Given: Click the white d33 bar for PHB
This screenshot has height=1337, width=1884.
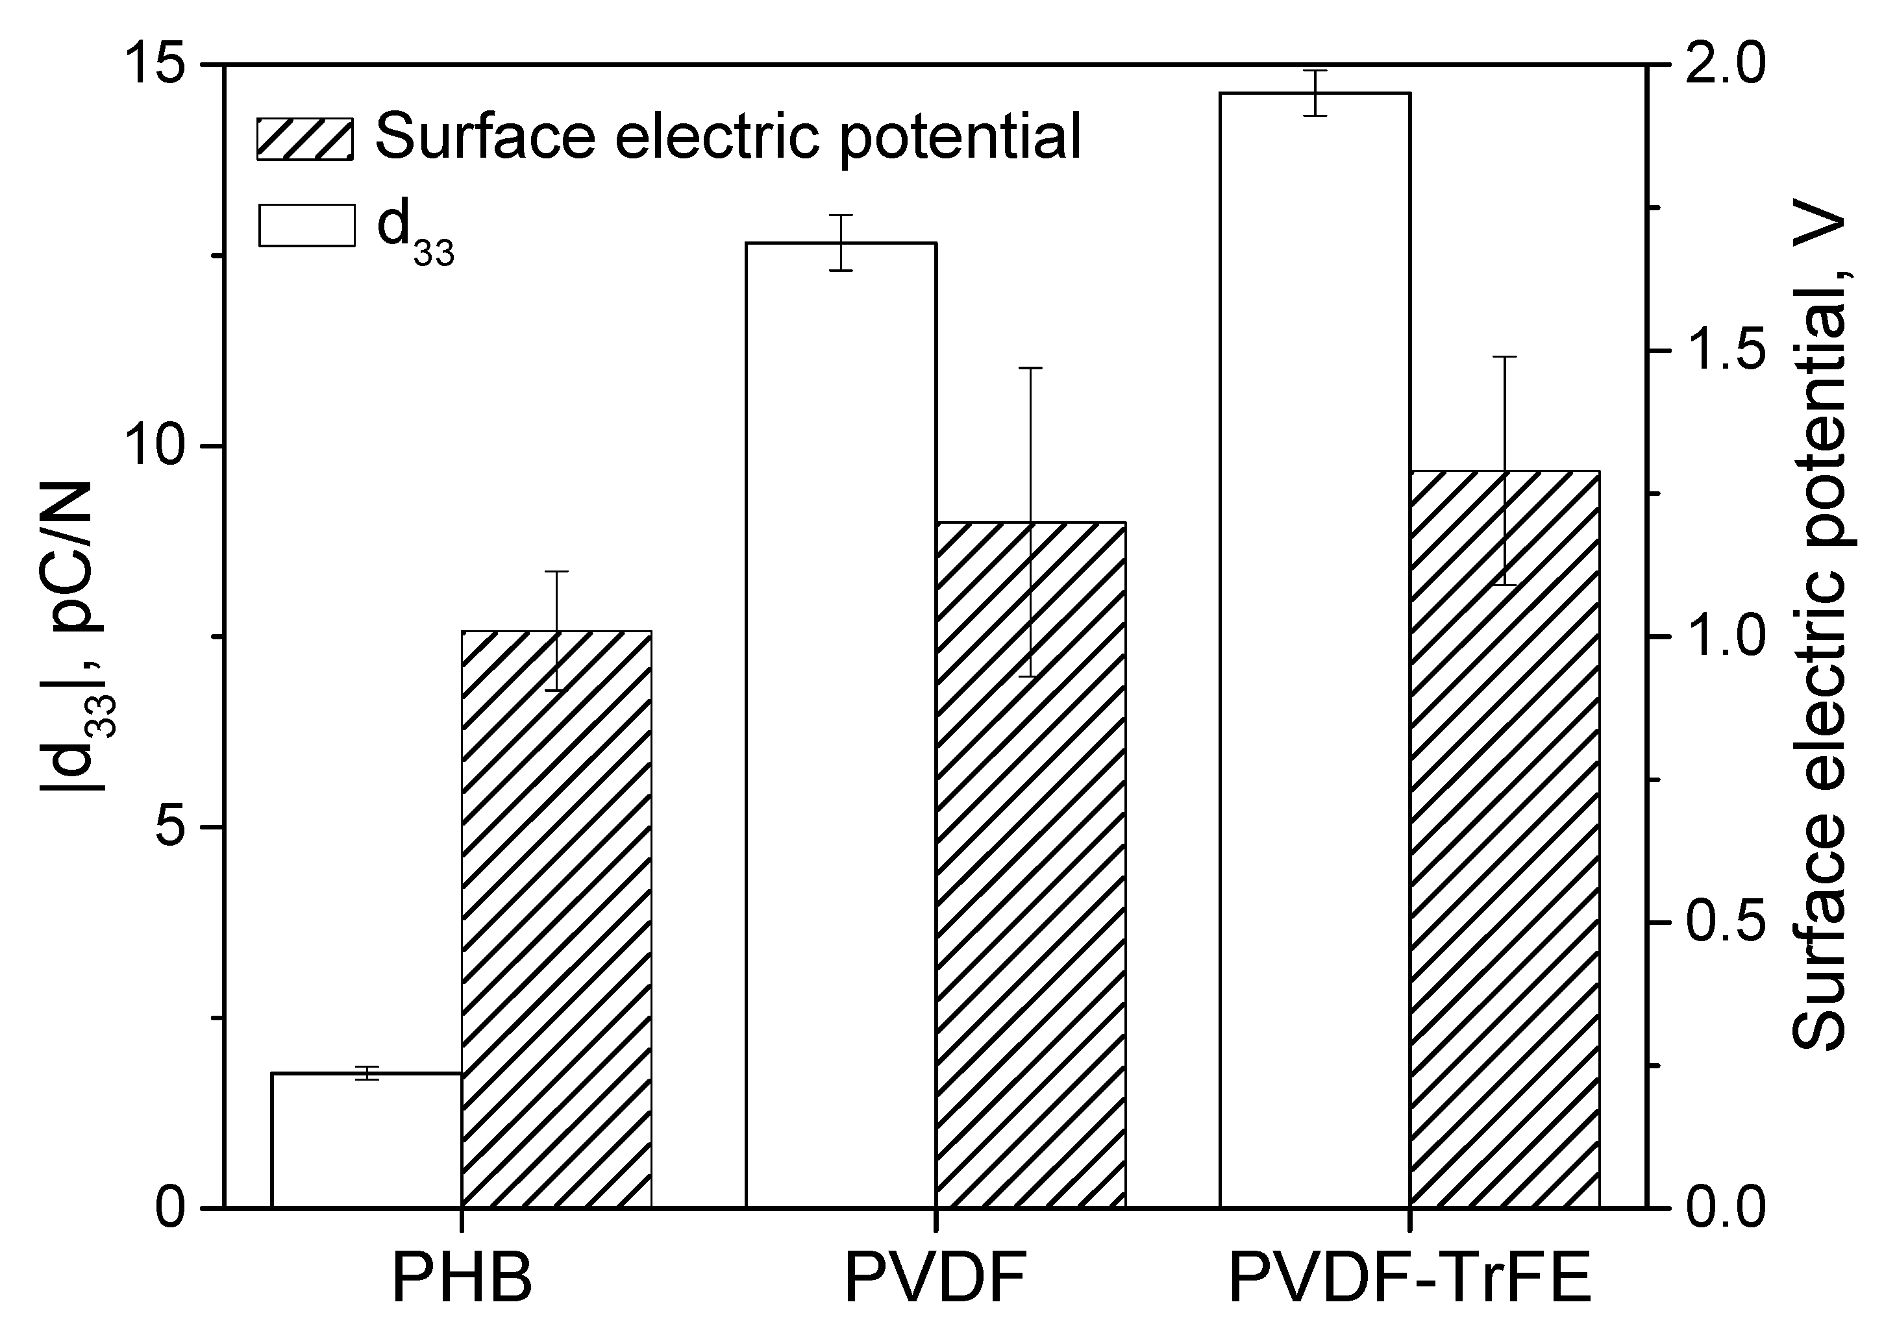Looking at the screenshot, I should pyautogui.click(x=366, y=1140).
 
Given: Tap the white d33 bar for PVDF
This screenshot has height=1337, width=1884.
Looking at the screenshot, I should pyautogui.click(x=841, y=724).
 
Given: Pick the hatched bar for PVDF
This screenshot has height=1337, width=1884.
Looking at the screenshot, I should pyautogui.click(x=1031, y=865).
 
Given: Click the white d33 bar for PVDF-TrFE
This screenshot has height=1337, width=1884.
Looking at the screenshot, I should pyautogui.click(x=1315, y=650).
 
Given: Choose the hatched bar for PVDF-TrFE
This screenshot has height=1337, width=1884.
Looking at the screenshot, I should pyautogui.click(x=1504, y=840).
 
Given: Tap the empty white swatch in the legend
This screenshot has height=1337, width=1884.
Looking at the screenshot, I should pyautogui.click(x=306, y=224).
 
